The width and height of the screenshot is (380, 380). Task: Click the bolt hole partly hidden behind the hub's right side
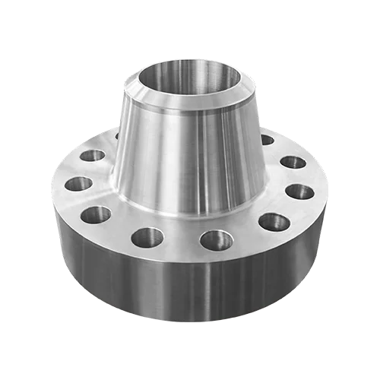[266, 140]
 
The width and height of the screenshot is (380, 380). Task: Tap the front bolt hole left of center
[147, 237]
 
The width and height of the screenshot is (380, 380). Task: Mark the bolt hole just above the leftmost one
[93, 156]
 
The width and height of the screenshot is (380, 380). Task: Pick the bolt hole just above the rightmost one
[293, 163]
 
